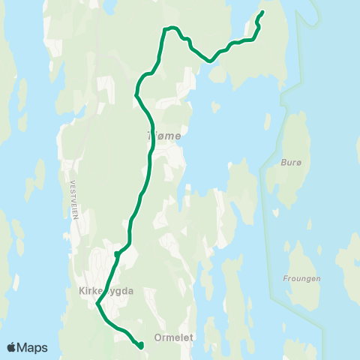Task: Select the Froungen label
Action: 302,279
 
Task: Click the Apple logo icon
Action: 13,347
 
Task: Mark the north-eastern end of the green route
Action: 262,12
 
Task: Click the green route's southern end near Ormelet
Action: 141,346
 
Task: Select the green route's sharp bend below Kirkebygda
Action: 97,304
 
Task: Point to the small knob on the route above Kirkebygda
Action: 116,255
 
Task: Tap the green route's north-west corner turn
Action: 164,29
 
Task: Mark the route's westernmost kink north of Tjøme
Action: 136,95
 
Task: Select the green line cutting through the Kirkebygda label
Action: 106,287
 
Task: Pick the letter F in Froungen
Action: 286,279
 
